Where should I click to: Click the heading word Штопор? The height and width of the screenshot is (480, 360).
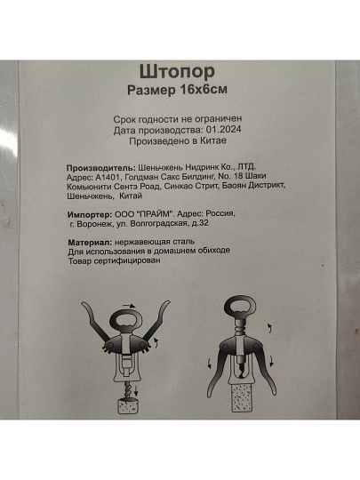[x=177, y=72]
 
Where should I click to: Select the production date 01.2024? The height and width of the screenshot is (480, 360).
[x=223, y=129]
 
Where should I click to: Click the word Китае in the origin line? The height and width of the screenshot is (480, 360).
[x=213, y=140]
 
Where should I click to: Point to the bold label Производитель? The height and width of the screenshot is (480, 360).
[x=101, y=168]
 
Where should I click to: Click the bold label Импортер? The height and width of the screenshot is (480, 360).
[x=90, y=214]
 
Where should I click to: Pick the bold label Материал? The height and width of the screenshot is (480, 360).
[x=91, y=243]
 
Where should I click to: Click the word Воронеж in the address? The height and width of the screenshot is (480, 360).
[x=95, y=224]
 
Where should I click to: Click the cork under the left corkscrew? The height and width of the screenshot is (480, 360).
[x=129, y=406]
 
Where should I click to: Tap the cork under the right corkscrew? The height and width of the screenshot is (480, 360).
[x=242, y=397]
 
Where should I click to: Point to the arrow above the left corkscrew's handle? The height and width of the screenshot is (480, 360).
[x=129, y=306]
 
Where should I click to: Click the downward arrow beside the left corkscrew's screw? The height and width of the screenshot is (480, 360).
[x=137, y=391]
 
